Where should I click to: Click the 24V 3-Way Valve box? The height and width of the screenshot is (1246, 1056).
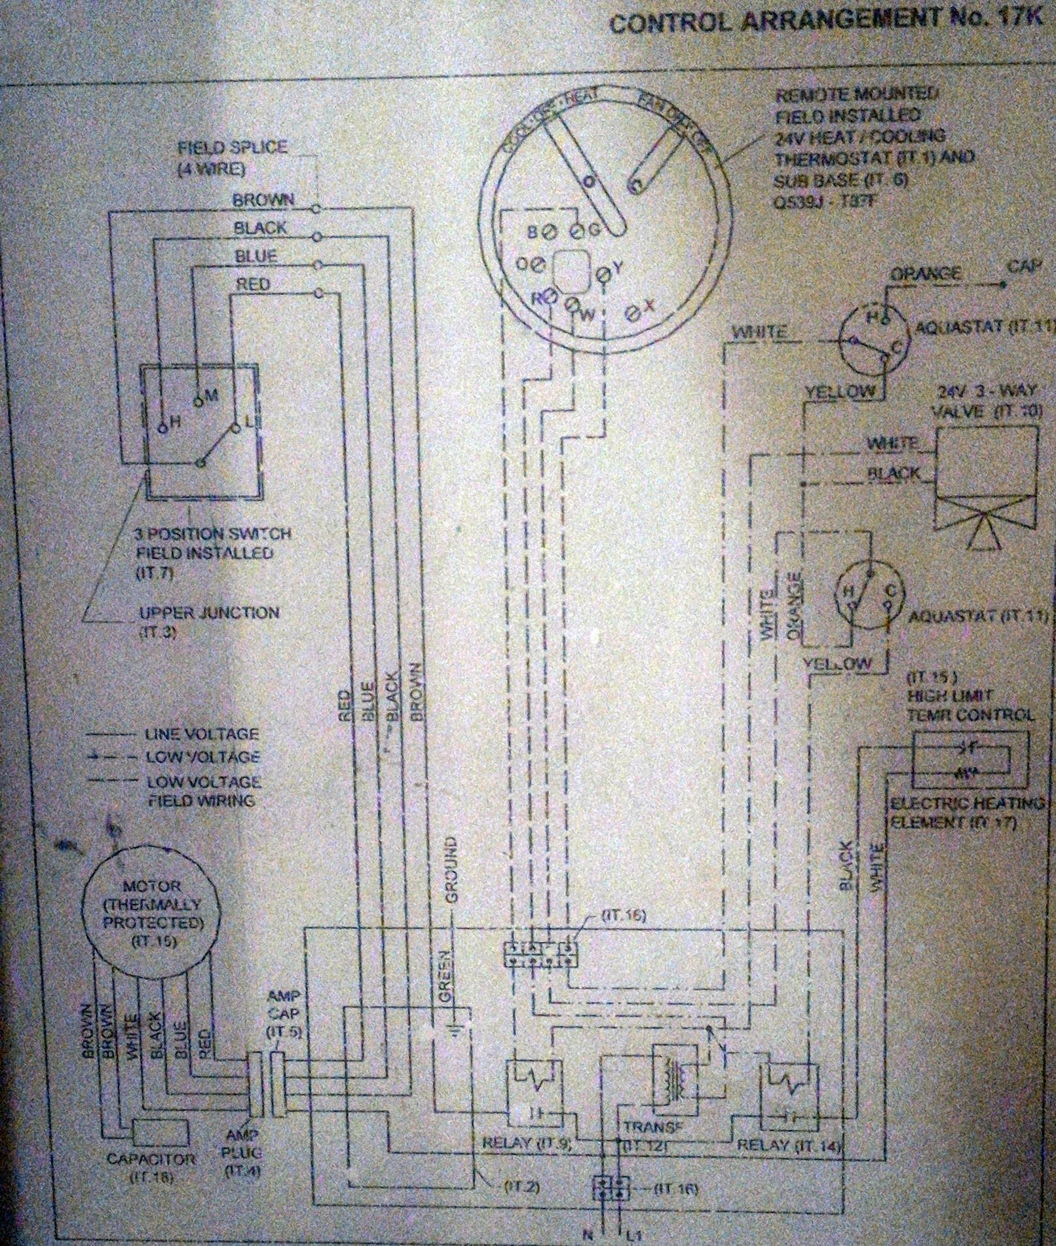click(987, 458)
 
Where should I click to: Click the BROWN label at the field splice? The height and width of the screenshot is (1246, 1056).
click(264, 199)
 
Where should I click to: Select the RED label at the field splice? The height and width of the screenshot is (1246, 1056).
click(254, 284)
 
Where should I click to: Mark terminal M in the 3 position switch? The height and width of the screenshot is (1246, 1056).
click(198, 398)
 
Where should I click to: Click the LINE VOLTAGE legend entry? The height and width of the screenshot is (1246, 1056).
click(202, 734)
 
